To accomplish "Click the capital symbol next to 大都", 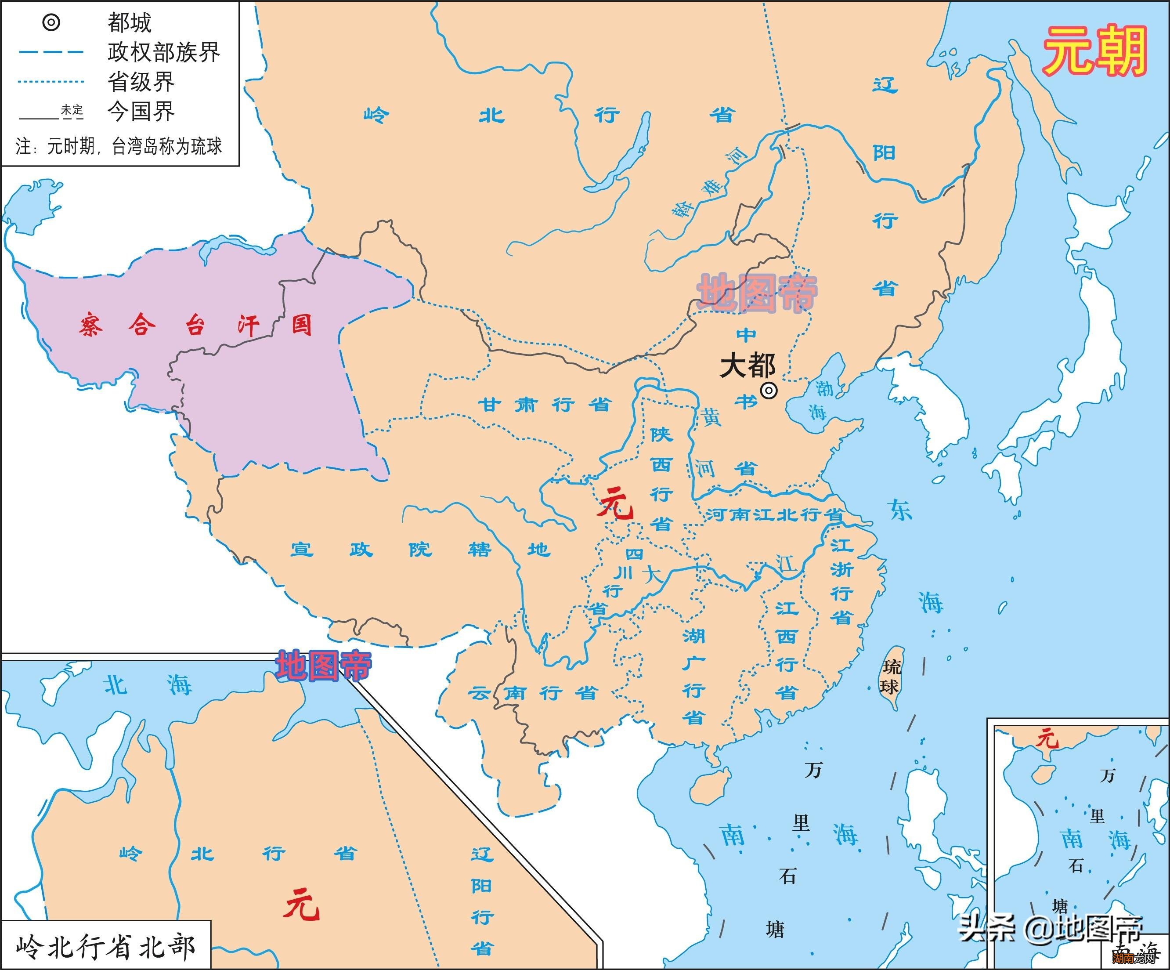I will click(x=769, y=391).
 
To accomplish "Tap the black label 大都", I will click(x=747, y=366).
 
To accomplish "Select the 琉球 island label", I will click(x=890, y=677).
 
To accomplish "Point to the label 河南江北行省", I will click(x=774, y=515).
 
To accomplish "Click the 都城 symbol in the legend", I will click(x=51, y=23).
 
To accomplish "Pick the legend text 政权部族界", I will click(x=164, y=52).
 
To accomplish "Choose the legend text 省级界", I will click(x=141, y=82).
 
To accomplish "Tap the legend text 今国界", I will click(x=141, y=112).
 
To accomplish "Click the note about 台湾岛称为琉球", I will click(x=119, y=147).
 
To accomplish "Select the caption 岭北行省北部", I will click(x=106, y=947).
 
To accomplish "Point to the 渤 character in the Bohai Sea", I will click(x=824, y=388).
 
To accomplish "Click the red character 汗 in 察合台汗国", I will click(x=249, y=325).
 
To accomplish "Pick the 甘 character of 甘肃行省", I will click(x=489, y=405).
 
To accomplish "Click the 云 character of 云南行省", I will click(x=479, y=694).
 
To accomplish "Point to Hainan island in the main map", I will click(x=709, y=784).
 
